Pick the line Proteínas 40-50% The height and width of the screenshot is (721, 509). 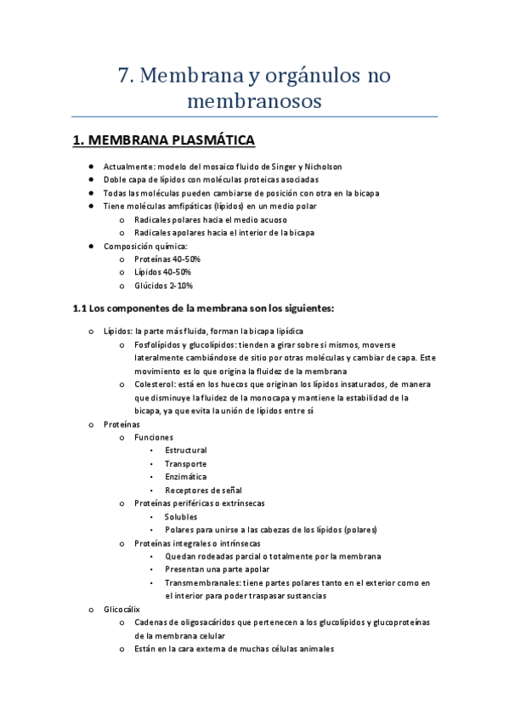pyautogui.click(x=167, y=258)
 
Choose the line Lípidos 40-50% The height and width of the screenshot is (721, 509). pyautogui.click(x=162, y=272)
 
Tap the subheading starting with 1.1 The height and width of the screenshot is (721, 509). pyautogui.click(x=204, y=308)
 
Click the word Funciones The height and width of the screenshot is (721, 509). pyautogui.click(x=154, y=437)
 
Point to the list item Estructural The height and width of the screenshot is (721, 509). pyautogui.click(x=186, y=450)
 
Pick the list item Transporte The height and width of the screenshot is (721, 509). pyautogui.click(x=185, y=463)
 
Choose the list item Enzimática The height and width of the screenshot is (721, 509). pyautogui.click(x=185, y=477)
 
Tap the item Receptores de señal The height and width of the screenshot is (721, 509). pyautogui.click(x=203, y=491)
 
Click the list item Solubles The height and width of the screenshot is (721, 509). pyautogui.click(x=181, y=516)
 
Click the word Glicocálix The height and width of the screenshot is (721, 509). pyautogui.click(x=122, y=610)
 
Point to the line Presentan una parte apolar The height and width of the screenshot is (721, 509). pyautogui.click(x=218, y=570)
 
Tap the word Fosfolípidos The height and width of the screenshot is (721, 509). pyautogui.click(x=160, y=344)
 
